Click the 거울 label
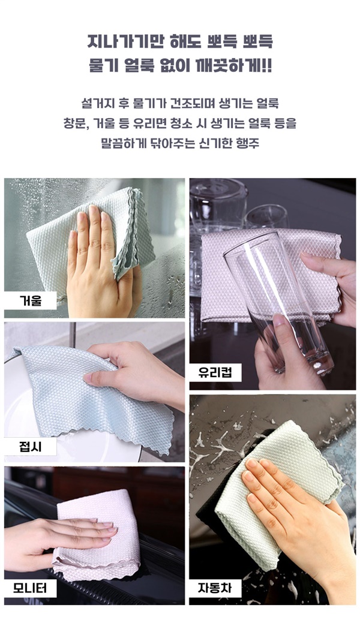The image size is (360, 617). click(31, 301)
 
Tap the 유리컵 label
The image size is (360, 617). click(215, 372)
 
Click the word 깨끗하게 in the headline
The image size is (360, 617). click(224, 65)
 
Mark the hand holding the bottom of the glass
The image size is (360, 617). click(276, 354)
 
